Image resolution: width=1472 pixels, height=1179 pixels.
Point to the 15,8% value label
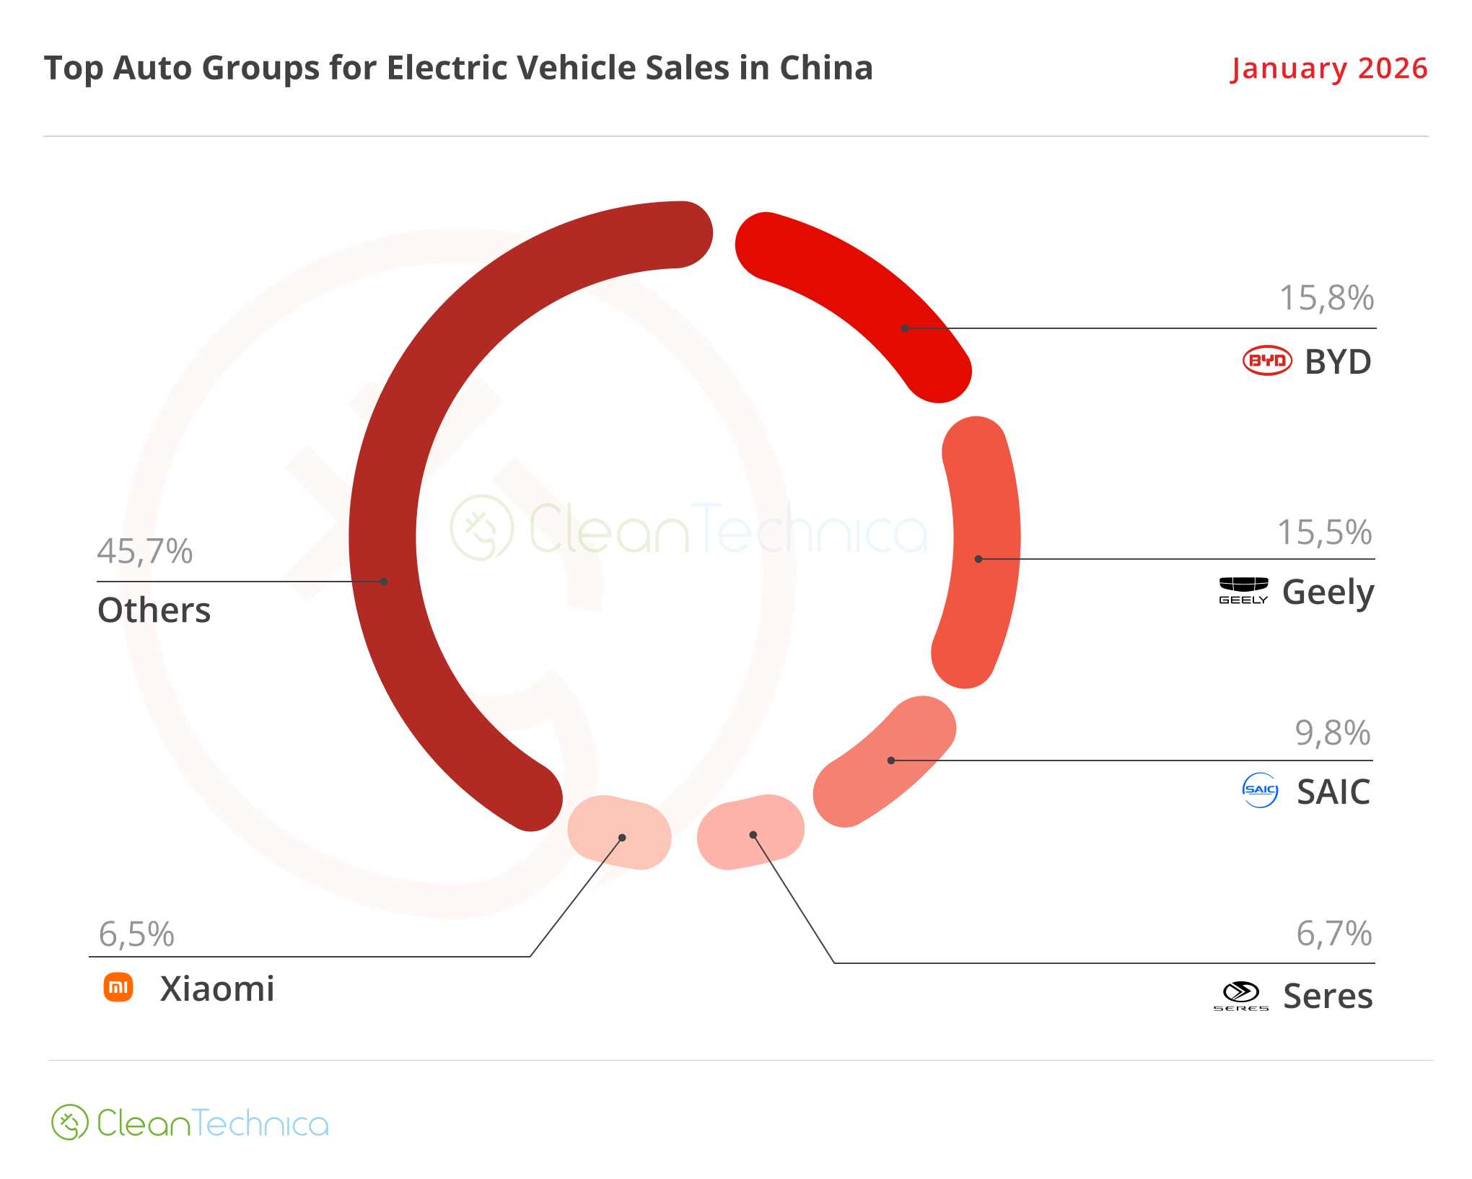pyautogui.click(x=1326, y=298)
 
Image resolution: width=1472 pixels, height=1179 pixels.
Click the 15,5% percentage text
pyautogui.click(x=1325, y=533)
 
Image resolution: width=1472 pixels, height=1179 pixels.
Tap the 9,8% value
pyautogui.click(x=1333, y=734)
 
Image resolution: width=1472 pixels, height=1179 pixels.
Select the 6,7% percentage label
pyautogui.click(x=1334, y=934)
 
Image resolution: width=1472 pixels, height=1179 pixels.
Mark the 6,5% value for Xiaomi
pyautogui.click(x=136, y=935)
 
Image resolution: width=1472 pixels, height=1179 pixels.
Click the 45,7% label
pyautogui.click(x=145, y=552)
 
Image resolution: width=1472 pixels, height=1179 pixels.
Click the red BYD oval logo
pyautogui.click(x=1267, y=361)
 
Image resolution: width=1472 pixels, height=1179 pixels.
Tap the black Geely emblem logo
pyautogui.click(x=1243, y=589)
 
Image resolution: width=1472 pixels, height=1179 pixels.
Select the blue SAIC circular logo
pyautogui.click(x=1261, y=790)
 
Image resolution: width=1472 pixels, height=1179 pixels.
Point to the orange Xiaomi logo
pyautogui.click(x=118, y=987)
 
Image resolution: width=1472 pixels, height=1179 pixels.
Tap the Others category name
pyautogui.click(x=154, y=610)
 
